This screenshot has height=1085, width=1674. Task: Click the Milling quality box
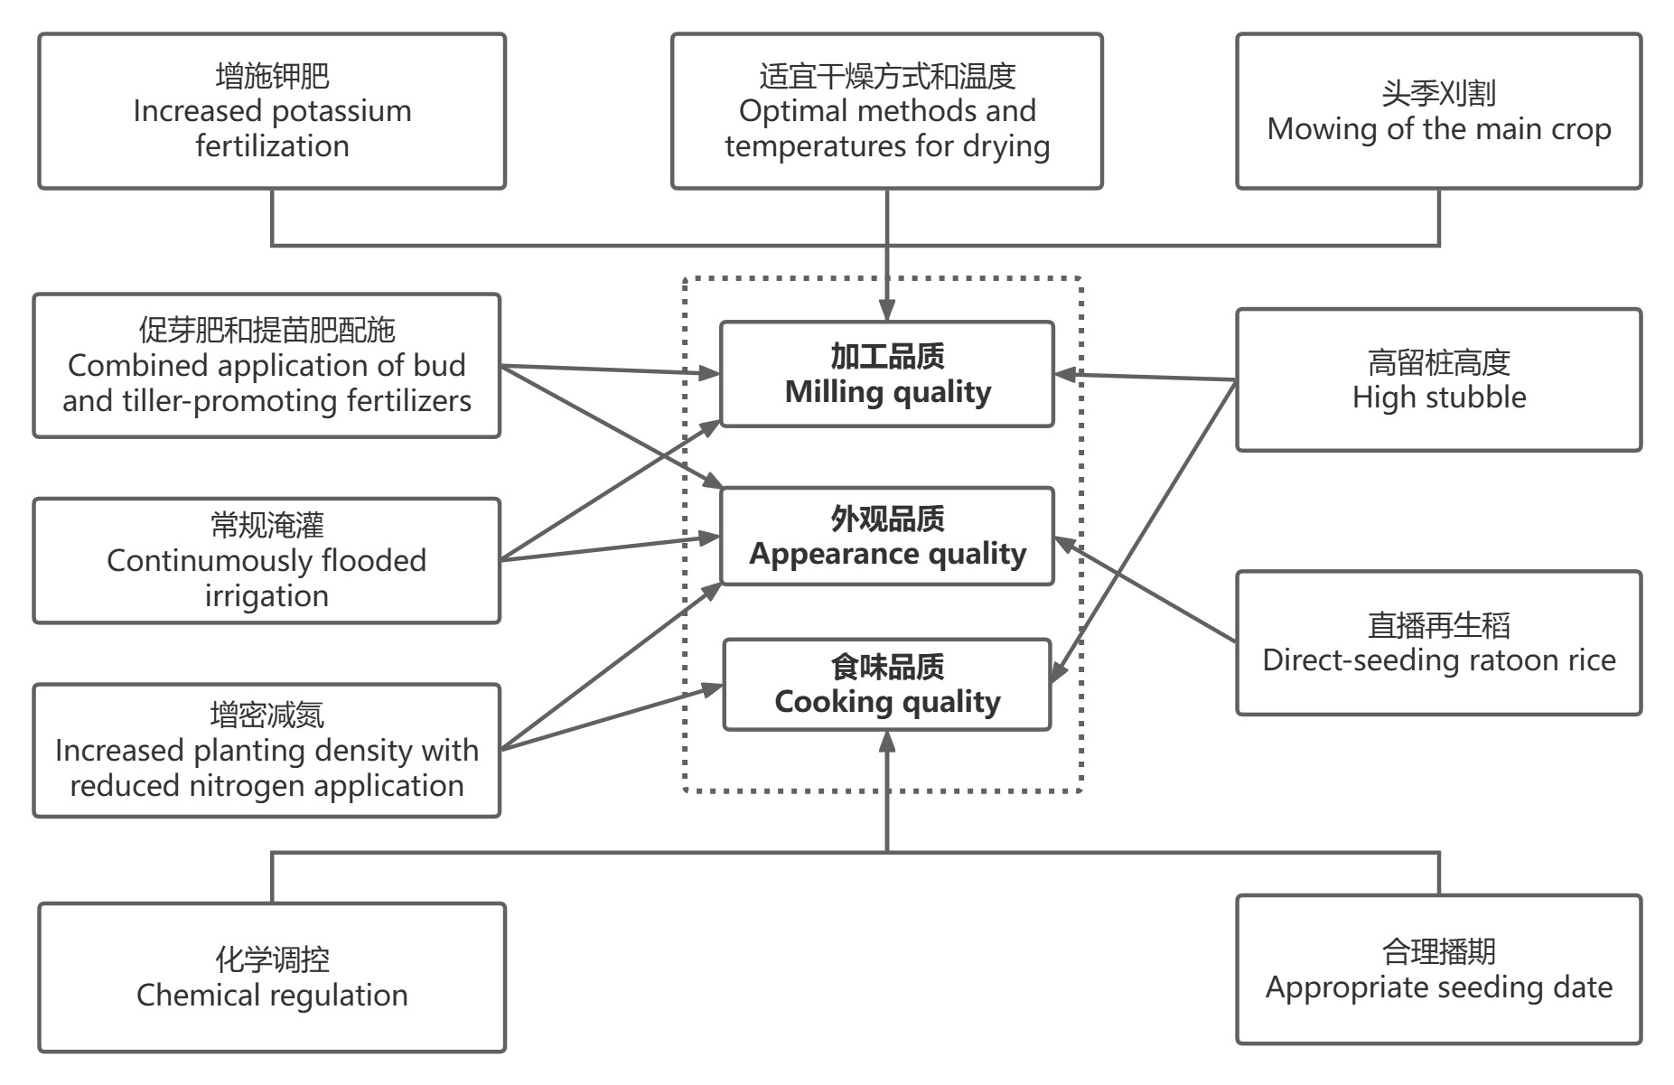coord(886,374)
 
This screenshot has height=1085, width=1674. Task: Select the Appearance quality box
coord(886,536)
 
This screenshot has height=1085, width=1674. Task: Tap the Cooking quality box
coord(886,684)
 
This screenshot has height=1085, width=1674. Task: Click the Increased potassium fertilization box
coord(272,111)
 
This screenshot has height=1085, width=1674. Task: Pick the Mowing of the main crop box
coord(1438,111)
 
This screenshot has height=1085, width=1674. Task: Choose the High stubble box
coord(1438,379)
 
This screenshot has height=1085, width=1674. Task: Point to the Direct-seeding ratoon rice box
coord(1438,642)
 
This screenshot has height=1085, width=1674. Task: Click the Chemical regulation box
coord(272,977)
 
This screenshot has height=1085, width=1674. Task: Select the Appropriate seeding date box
coord(1438,969)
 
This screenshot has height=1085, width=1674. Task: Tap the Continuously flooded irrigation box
coord(267,560)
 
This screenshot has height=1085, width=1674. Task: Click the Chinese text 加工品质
coord(887,357)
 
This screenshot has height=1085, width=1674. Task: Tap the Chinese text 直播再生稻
coord(1438,625)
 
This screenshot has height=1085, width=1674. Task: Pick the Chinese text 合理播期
coord(1438,951)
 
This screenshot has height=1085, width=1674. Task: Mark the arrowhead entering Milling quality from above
coord(887,309)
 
